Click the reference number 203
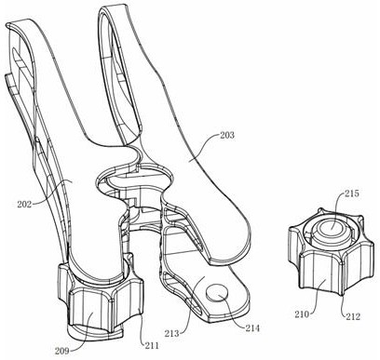tap(227, 136)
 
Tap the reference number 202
tap(24, 205)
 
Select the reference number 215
tap(351, 193)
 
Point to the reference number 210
tap(303, 314)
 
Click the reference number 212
tap(353, 316)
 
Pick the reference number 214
tap(252, 327)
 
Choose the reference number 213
tap(172, 333)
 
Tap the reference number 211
tap(151, 345)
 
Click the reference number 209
tap(62, 351)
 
